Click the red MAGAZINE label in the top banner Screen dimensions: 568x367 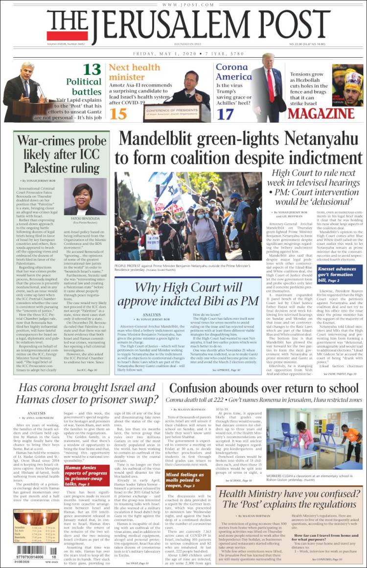pyautogui.click(x=321, y=114)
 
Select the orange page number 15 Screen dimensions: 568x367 pyautogui.click(x=118, y=113)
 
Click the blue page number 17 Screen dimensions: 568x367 pyautogui.click(x=226, y=114)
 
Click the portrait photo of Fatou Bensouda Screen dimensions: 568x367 pyautogui.click(x=85, y=196)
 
